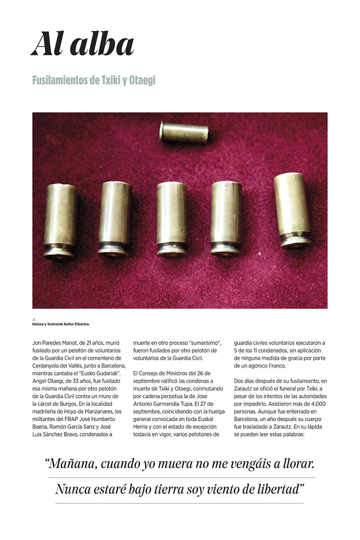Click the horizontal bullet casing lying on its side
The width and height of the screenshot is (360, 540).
(x=184, y=132)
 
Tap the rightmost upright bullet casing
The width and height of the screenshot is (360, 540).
(x=292, y=210)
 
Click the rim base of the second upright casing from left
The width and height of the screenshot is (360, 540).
(x=113, y=250)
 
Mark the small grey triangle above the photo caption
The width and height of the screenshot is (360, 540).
(x=34, y=319)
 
